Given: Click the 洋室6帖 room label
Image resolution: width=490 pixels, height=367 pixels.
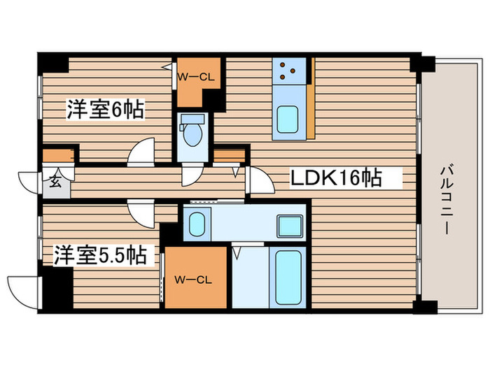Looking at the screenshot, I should pos(106,110).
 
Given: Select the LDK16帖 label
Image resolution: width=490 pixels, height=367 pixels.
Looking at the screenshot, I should pos(336,179).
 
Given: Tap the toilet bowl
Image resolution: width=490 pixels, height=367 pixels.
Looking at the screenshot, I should pos(190,132).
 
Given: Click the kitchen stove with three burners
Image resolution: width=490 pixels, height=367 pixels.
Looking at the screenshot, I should pos(287,69).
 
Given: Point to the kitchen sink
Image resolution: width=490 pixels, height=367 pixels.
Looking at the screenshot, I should pos(287,118).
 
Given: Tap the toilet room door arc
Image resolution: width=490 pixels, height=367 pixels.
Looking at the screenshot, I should pos(190,175).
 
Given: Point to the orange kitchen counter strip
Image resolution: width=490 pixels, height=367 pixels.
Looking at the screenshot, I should pos(309,97).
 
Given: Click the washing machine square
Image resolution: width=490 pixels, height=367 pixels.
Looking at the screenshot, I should pos(288,226).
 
